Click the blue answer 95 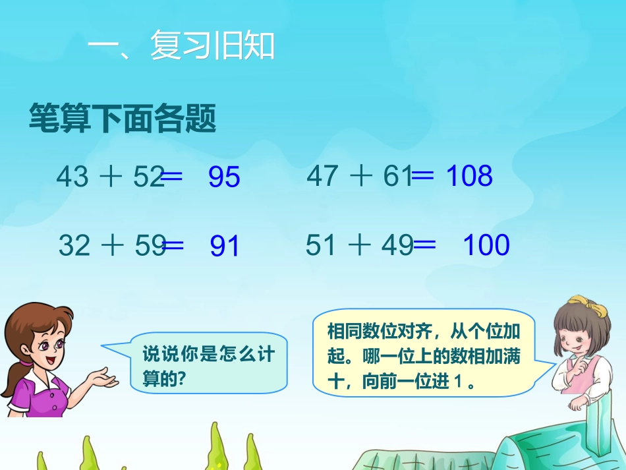(224, 177)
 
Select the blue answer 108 (469, 176)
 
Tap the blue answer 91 (225, 246)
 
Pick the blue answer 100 (486, 245)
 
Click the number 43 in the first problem (72, 177)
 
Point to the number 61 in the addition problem (398, 176)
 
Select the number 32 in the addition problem (74, 245)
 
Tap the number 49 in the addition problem (397, 245)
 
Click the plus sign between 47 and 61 (360, 176)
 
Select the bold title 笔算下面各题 (123, 119)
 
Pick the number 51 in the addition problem (321, 245)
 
